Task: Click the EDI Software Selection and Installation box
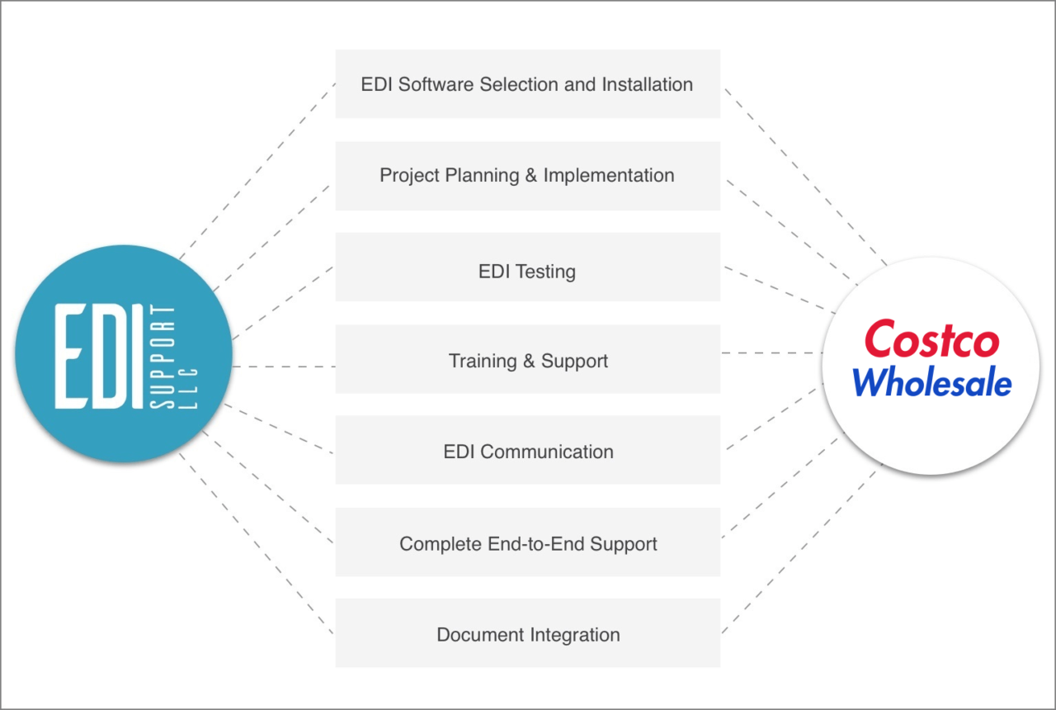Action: (x=527, y=84)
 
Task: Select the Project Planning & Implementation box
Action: (x=527, y=176)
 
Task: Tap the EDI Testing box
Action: (x=527, y=272)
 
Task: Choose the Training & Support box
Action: (x=527, y=361)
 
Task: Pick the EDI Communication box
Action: (x=527, y=452)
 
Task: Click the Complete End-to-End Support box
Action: (x=527, y=544)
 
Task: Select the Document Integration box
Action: (x=527, y=635)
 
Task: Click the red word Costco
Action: (x=931, y=340)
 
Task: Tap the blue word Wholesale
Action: (x=931, y=383)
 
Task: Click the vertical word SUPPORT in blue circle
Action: (x=163, y=356)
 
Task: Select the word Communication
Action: (x=547, y=452)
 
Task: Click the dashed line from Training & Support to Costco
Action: (x=771, y=353)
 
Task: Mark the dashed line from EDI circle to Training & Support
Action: (x=284, y=367)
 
